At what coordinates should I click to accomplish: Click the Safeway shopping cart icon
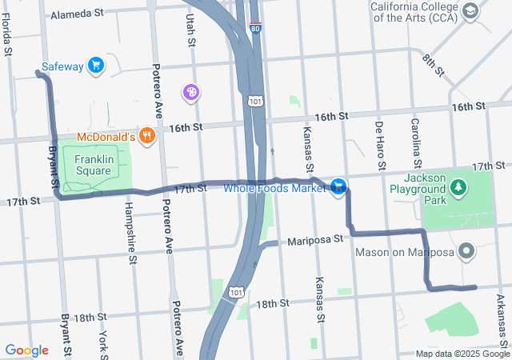point(96,66)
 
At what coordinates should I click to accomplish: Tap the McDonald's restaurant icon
point(146,136)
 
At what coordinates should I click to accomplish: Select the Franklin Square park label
point(93,165)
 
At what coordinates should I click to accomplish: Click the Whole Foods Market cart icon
point(339,187)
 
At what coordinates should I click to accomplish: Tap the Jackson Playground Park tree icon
point(458,188)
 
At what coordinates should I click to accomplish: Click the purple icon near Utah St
point(191,93)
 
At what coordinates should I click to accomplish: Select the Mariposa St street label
point(315,239)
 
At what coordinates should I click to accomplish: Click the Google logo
point(26,350)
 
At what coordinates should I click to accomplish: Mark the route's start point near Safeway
point(38,73)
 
